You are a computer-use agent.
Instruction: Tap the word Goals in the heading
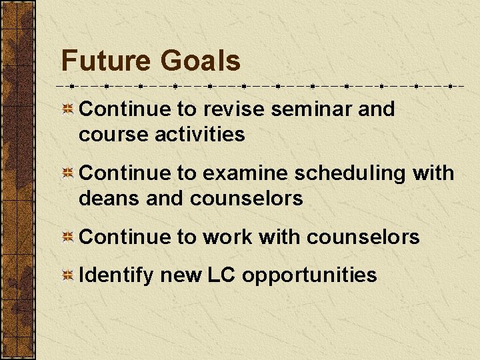(200, 61)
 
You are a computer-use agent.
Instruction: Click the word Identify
(116, 275)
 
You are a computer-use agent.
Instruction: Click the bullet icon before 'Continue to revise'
(68, 109)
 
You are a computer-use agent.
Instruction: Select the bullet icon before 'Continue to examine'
(68, 173)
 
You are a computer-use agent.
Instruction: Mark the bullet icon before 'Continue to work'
(68, 237)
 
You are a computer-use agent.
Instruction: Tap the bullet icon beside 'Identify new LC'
(68, 276)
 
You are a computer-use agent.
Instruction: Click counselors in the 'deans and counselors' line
(246, 198)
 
